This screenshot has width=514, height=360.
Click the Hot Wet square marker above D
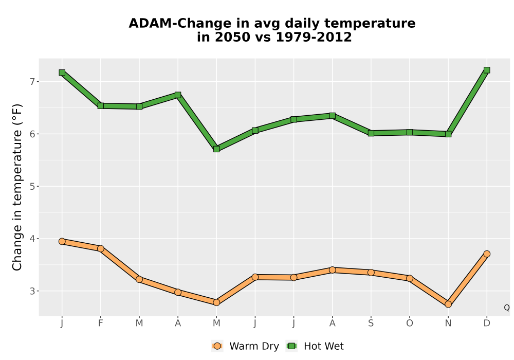coord(487,70)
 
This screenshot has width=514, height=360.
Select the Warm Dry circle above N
coord(448,304)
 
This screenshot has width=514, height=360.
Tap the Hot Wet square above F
coord(101,105)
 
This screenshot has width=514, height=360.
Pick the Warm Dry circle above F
coord(101,248)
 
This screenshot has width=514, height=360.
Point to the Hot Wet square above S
coord(371,133)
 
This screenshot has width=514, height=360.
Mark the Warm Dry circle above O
coord(410,278)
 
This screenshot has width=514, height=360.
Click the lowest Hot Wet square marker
coord(216,149)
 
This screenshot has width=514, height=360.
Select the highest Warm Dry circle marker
coord(62,241)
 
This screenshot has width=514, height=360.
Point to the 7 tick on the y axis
coord(32,81)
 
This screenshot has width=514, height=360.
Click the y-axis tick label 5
coord(32,186)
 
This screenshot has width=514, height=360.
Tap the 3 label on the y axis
coord(32,291)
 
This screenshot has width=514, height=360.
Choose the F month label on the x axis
coord(101,323)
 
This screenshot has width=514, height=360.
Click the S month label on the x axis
coord(371,323)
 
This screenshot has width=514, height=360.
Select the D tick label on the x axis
coord(487,323)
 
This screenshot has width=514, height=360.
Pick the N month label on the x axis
coord(448,323)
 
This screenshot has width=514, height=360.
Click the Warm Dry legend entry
coord(245,346)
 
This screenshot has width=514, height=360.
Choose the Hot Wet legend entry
coord(315,346)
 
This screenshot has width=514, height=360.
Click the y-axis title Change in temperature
coord(17,187)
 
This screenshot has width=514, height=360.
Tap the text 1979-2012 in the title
coord(314,37)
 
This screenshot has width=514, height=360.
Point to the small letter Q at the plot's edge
coord(507,308)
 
